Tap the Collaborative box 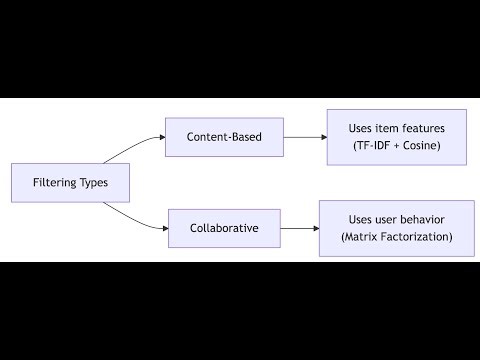224,228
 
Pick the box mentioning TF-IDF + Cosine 396,137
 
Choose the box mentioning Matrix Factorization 396,228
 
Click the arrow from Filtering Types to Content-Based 136,151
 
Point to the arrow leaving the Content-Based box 306,136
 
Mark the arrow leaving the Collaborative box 297,228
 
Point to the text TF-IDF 372,146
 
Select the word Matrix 362,237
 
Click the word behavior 418,218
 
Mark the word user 383,218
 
